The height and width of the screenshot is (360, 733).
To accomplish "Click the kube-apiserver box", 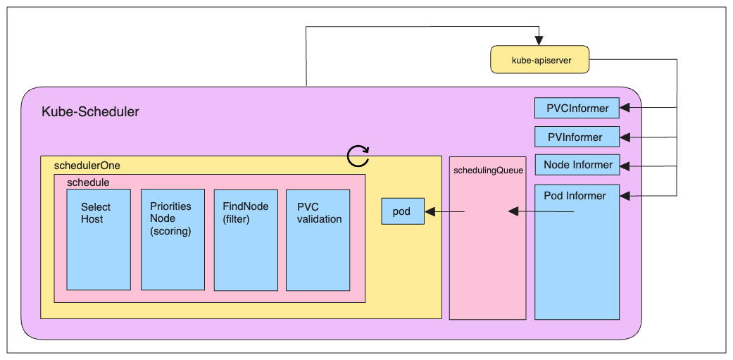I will click(x=539, y=60).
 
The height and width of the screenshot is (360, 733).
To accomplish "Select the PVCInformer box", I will click(x=577, y=108).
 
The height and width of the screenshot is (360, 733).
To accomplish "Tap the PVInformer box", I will click(x=577, y=137).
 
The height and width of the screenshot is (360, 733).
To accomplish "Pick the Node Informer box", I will click(x=577, y=165).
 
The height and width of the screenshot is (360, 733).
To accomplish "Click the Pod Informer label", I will click(x=575, y=196).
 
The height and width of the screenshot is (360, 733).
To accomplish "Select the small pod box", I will click(x=403, y=211).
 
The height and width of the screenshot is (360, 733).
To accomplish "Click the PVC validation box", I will click(x=318, y=240).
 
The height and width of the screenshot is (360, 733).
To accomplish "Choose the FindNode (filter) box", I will click(x=245, y=240).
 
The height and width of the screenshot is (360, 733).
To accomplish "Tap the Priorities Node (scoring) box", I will click(x=173, y=240).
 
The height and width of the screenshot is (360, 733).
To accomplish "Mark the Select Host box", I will click(x=99, y=240).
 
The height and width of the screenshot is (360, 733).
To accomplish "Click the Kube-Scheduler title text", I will click(x=90, y=111).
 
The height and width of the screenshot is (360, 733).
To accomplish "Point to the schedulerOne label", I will click(x=87, y=166).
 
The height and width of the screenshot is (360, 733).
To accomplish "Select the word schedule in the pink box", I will click(x=88, y=182).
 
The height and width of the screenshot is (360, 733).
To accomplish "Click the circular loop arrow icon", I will click(x=358, y=156).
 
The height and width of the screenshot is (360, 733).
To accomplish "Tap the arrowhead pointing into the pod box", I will click(x=430, y=211).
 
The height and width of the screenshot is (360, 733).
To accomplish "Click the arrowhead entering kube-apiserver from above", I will click(x=539, y=40).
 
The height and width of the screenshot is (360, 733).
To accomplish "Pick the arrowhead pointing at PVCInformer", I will click(x=625, y=108).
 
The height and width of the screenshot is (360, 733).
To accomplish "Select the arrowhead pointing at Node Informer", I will click(x=625, y=166).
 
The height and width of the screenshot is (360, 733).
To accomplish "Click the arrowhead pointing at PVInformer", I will click(x=625, y=137).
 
